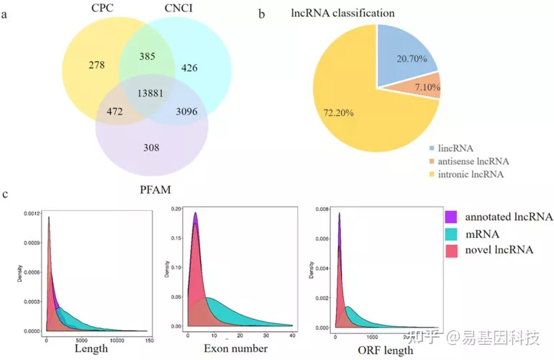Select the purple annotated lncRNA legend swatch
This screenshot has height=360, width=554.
pos(453,217)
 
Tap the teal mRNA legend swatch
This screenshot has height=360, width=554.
pos(453,233)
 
